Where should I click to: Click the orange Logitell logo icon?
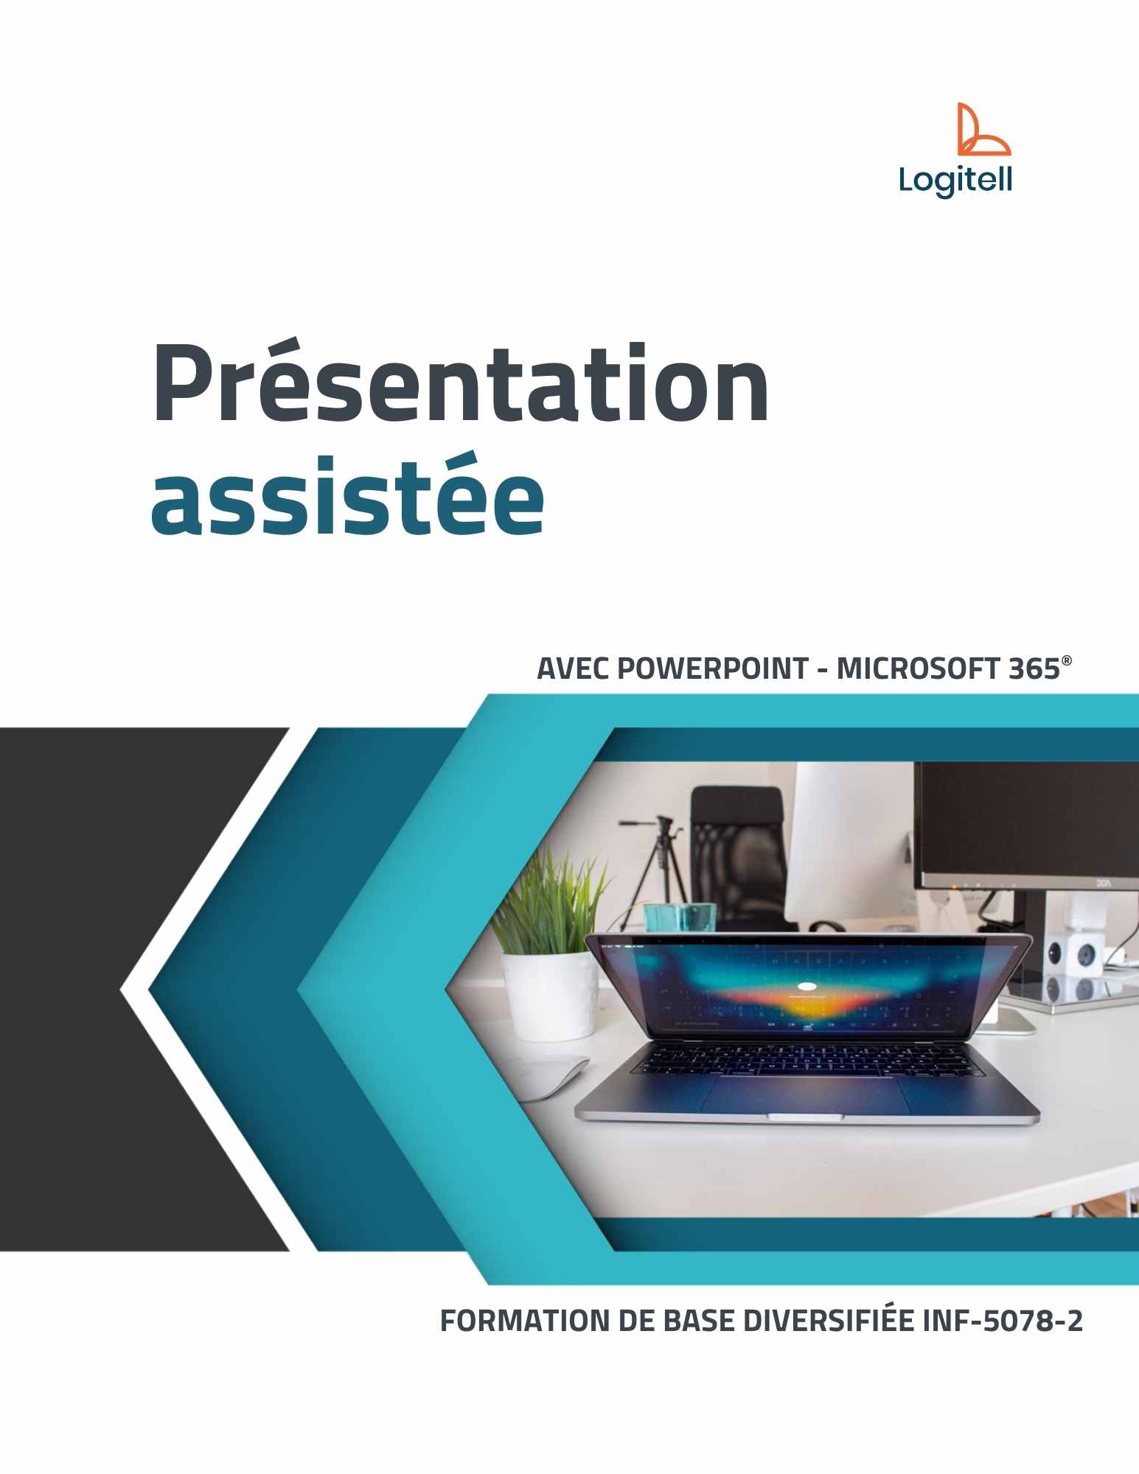tap(983, 130)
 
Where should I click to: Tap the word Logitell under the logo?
tap(955, 180)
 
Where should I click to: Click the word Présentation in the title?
tap(460, 385)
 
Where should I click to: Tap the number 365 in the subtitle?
tap(1034, 669)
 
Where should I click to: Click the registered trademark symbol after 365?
tap(1066, 660)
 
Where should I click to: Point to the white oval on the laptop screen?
tap(807, 986)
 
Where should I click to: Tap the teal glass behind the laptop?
tap(678, 918)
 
